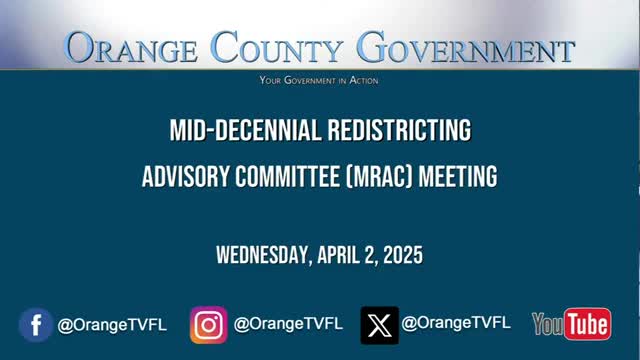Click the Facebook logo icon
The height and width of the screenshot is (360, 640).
click(x=36, y=325)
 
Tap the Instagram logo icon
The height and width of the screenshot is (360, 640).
click(x=209, y=325)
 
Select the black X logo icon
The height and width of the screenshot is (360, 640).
click(x=380, y=325)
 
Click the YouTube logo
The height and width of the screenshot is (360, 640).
click(x=572, y=324)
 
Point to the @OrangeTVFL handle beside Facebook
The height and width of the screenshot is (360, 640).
click(x=112, y=325)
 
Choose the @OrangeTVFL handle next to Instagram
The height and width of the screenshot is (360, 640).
click(x=288, y=324)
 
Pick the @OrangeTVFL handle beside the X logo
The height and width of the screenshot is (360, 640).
click(x=456, y=323)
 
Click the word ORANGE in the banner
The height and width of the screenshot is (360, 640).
click(x=131, y=47)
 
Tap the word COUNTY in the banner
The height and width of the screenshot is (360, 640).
click(x=277, y=47)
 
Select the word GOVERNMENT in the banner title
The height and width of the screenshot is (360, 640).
click(x=466, y=47)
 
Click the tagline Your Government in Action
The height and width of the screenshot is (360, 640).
click(x=319, y=80)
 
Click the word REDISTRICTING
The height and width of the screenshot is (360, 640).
click(x=400, y=130)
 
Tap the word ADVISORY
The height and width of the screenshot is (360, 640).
click(x=186, y=176)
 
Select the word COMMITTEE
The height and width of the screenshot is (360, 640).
click(x=287, y=176)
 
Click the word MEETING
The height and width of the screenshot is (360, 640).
click(x=458, y=176)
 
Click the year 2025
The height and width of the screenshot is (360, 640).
click(x=403, y=255)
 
